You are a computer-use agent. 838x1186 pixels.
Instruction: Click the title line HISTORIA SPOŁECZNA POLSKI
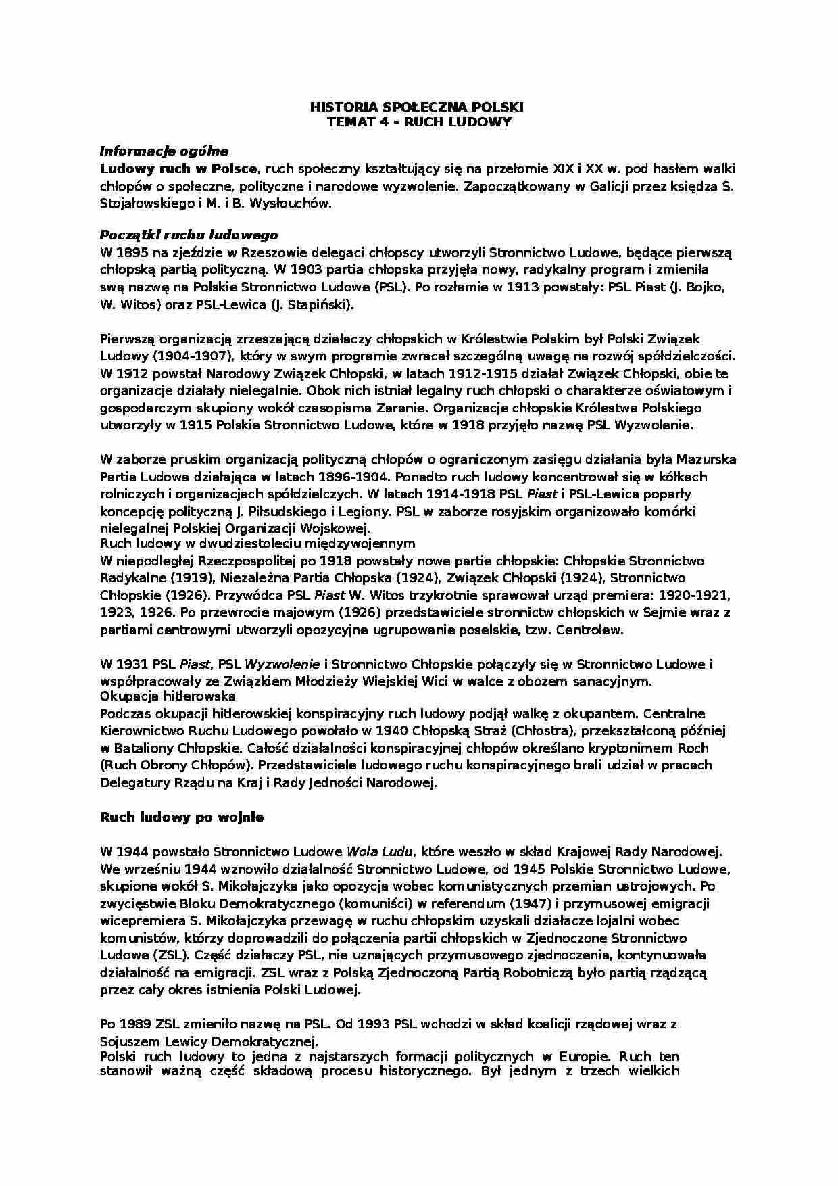pos(416,107)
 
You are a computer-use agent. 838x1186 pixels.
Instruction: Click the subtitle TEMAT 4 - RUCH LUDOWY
pos(419,122)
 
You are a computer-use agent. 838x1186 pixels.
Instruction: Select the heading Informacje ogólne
pos(164,151)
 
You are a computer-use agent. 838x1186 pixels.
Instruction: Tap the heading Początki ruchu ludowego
pos(189,235)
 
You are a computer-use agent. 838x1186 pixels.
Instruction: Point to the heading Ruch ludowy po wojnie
pos(182,817)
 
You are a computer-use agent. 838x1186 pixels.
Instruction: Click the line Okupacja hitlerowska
pos(168,696)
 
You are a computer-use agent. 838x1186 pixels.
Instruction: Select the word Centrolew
pos(591,630)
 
